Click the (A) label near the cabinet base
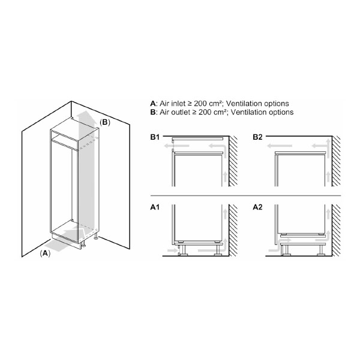point(45,253)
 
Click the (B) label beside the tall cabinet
point(104,122)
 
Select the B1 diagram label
point(155,137)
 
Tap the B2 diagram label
point(257,137)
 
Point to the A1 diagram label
point(155,208)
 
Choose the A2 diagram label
point(257,208)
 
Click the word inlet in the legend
point(178,104)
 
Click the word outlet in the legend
point(181,112)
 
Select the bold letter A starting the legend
point(152,104)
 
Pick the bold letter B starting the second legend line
point(152,112)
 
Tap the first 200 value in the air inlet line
point(200,104)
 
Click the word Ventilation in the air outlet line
point(245,112)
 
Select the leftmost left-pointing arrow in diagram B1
point(176,146)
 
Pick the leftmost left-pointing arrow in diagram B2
point(280,146)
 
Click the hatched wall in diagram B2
point(336,161)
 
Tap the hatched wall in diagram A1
point(233,230)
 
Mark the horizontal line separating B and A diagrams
point(245,196)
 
